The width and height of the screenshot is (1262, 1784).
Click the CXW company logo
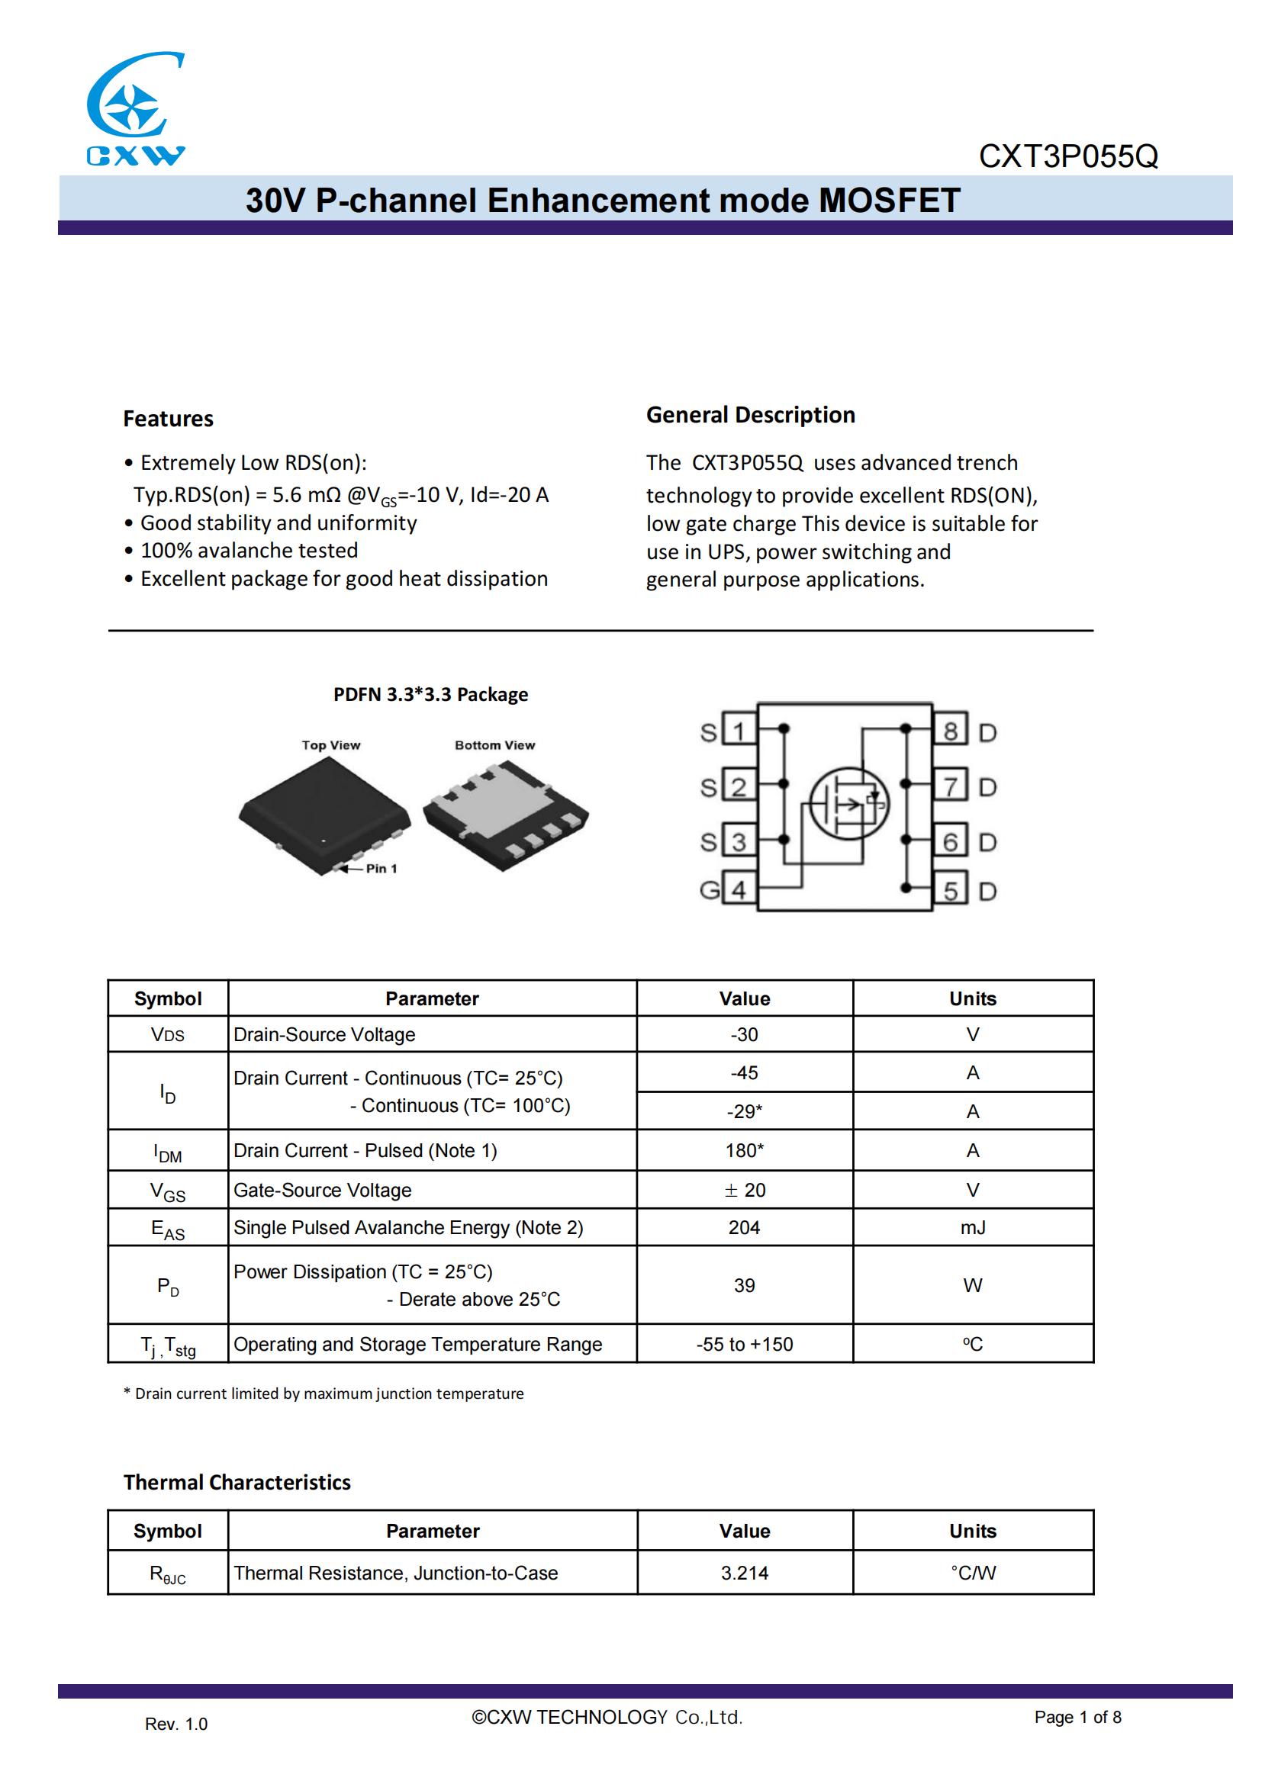(135, 109)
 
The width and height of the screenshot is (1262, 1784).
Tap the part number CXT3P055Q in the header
(1067, 156)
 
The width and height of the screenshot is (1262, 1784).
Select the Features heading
(168, 419)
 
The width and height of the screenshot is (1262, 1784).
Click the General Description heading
(750, 415)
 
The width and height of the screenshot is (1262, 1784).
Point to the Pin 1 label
(381, 868)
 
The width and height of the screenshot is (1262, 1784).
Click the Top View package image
(324, 813)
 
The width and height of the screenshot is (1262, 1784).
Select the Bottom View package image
(506, 815)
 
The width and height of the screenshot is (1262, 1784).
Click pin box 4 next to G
(739, 889)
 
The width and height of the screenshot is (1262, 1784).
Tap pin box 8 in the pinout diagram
(951, 731)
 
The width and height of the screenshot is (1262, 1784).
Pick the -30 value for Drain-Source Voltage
(744, 1034)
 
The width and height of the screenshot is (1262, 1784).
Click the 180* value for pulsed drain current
(744, 1150)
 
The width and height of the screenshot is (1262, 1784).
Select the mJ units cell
(972, 1227)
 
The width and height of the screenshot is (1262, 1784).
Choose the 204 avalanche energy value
(744, 1227)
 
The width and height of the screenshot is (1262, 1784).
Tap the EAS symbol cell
(168, 1229)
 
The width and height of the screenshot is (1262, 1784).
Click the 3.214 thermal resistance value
(744, 1573)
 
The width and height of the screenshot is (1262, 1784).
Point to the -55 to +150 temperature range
(744, 1344)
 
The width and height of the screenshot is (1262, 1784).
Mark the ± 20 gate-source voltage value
(744, 1190)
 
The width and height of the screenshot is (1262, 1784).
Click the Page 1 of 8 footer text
(1077, 1717)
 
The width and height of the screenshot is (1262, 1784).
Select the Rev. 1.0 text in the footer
(175, 1725)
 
